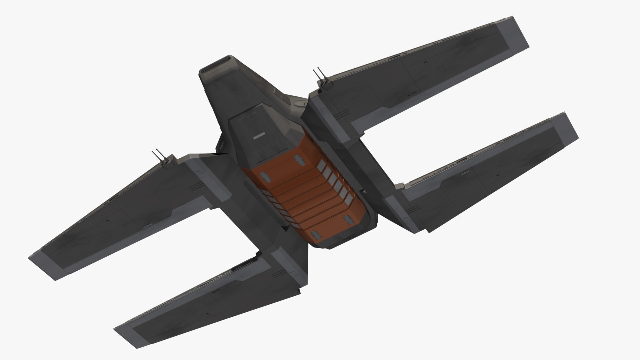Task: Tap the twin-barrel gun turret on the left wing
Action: (x=161, y=159)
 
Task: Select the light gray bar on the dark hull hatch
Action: (x=259, y=136)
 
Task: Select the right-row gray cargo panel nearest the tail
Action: (x=348, y=199)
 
